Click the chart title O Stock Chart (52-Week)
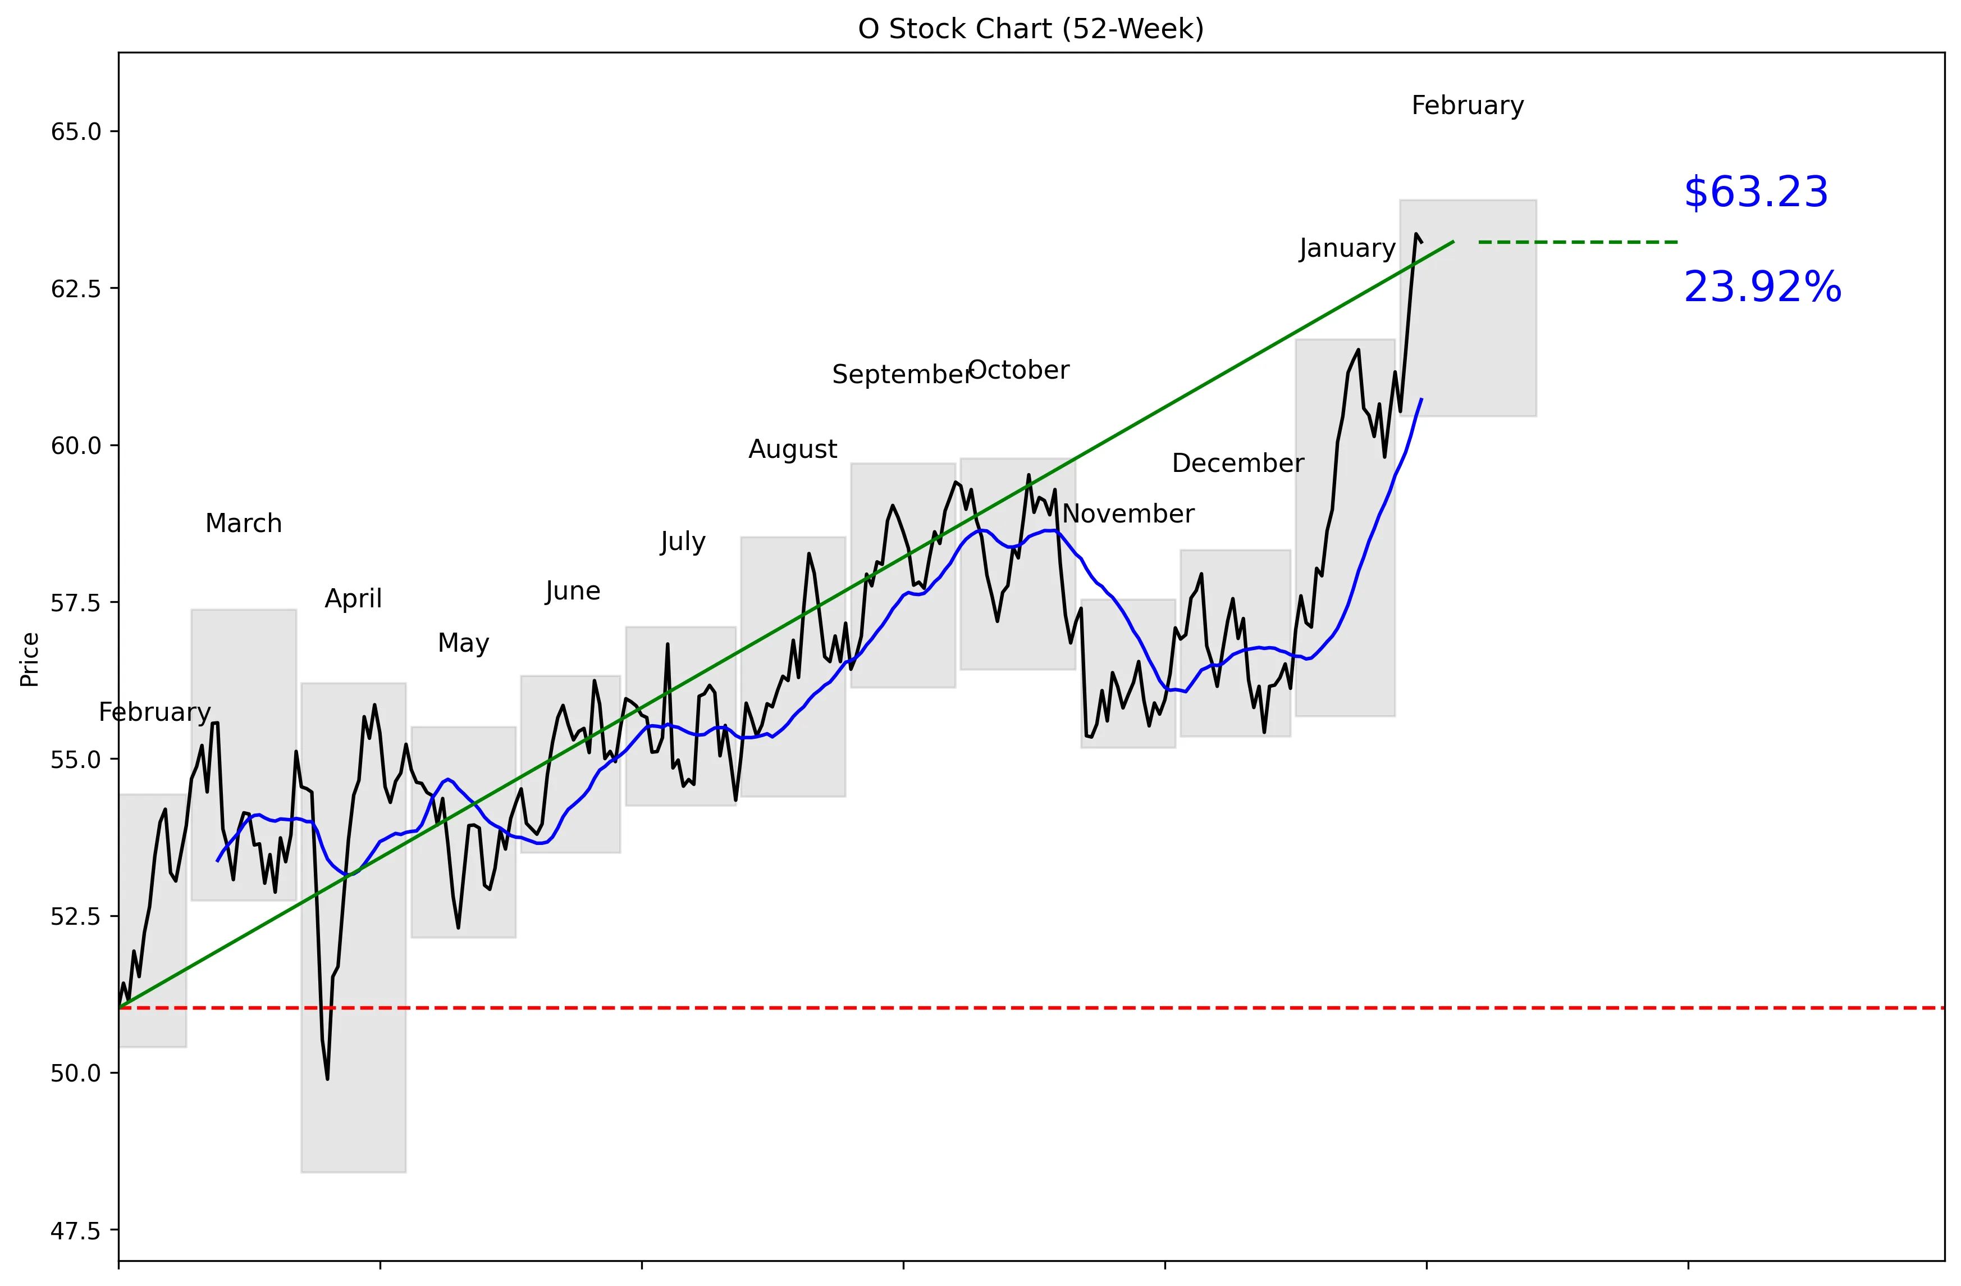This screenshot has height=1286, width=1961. [1031, 29]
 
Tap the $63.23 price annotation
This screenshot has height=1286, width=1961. [1755, 192]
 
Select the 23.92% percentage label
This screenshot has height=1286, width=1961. [1762, 288]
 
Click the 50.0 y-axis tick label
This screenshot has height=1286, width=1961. [76, 1073]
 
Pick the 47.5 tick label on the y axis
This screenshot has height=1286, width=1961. [76, 1231]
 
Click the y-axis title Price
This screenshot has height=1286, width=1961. [30, 660]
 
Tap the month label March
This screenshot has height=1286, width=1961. [243, 524]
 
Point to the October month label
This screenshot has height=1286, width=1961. [1018, 370]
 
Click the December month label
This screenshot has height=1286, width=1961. [1237, 463]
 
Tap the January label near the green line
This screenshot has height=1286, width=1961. [1347, 248]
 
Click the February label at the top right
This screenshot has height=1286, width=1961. [1468, 106]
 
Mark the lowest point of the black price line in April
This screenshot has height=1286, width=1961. [327, 1078]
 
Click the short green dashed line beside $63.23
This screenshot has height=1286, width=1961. [1578, 242]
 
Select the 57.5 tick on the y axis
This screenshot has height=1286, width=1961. [76, 603]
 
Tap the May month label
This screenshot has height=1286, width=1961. [463, 643]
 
